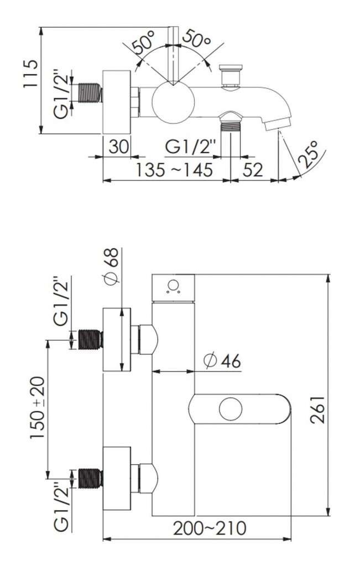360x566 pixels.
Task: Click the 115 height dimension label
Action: point(31,74)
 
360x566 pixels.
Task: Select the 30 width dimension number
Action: point(119,147)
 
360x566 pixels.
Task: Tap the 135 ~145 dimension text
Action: point(174,170)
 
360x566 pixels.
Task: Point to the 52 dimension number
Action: point(253,170)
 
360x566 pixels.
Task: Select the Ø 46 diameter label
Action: point(222,360)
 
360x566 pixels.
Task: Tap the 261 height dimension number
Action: point(317,410)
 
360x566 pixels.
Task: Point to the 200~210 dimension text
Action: point(210,528)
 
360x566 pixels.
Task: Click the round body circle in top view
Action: point(173,102)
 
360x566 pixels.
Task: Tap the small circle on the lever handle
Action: point(231,409)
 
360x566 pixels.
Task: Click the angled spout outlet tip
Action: point(278,123)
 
